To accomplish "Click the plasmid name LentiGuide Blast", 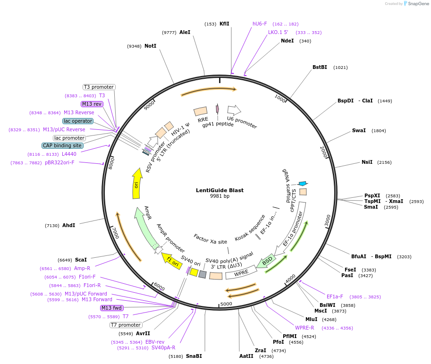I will pyautogui.click(x=220, y=190).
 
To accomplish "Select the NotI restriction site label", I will pyautogui.click(x=150, y=46).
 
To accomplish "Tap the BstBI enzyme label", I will pyautogui.click(x=320, y=67).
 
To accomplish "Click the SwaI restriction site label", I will pyautogui.click(x=359, y=130).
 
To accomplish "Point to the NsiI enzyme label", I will pyautogui.click(x=367, y=162).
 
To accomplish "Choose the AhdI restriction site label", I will pyautogui.click(x=68, y=225).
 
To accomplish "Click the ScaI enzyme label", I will pyautogui.click(x=81, y=260).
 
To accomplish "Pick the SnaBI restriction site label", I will pyautogui.click(x=194, y=356).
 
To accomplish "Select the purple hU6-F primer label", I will pyautogui.click(x=260, y=24).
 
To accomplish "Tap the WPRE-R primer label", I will pyautogui.click(x=304, y=328).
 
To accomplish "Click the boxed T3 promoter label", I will pyautogui.click(x=99, y=87).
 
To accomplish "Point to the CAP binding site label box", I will pyautogui.click(x=62, y=145).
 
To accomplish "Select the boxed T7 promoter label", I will pyautogui.click(x=126, y=325).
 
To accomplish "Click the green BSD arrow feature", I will pyautogui.click(x=268, y=260).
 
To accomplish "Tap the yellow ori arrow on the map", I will pyautogui.click(x=137, y=185).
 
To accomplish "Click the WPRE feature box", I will pyautogui.click(x=241, y=272).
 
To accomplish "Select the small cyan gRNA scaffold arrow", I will pyautogui.click(x=303, y=183).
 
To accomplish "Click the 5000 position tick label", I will pyautogui.click(x=227, y=304).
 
